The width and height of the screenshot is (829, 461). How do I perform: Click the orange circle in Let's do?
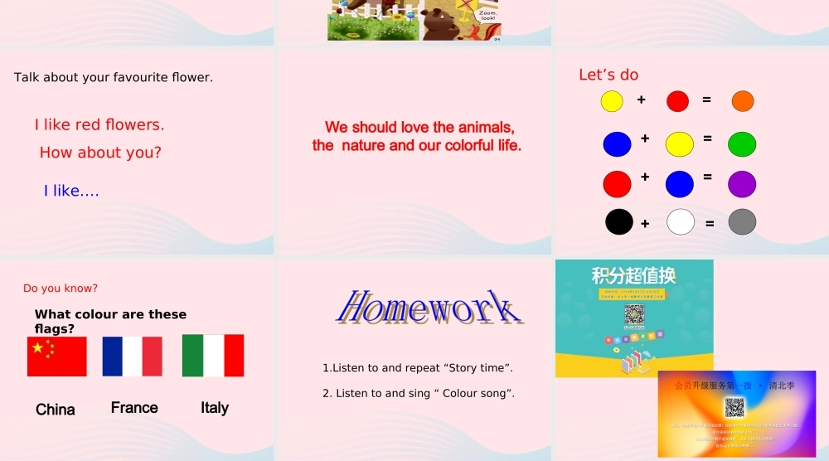tap(743, 101)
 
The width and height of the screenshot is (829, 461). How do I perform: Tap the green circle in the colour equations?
tap(742, 144)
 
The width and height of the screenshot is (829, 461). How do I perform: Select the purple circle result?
tap(742, 184)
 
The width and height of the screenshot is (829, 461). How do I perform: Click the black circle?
tap(619, 222)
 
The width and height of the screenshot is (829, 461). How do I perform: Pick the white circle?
tap(681, 222)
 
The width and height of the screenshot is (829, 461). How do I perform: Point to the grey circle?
tap(742, 222)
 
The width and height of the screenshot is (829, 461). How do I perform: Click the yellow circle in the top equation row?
tap(612, 101)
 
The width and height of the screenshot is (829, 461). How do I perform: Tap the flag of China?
tap(57, 357)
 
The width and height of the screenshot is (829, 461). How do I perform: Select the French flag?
tap(133, 357)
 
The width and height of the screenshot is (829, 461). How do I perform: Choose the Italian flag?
tap(213, 356)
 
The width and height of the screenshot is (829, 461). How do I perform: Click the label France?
tap(134, 407)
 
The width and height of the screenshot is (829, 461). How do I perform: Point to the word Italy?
tap(215, 407)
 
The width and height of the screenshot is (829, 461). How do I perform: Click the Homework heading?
tap(429, 308)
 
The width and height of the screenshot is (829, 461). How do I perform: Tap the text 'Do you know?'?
tap(61, 289)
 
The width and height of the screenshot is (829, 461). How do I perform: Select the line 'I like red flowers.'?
tap(99, 125)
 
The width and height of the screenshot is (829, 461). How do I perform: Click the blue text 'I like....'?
tap(71, 192)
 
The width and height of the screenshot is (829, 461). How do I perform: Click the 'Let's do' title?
tap(608, 75)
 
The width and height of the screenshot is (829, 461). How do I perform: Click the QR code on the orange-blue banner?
tap(734, 407)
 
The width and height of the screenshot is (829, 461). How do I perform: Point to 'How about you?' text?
tap(100, 153)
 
